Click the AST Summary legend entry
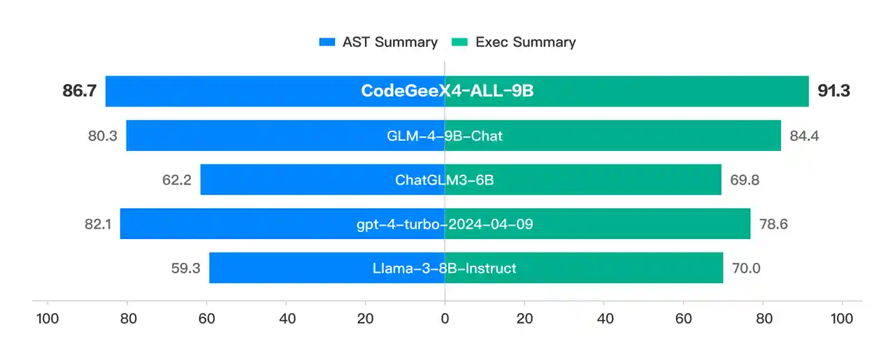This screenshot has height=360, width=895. (x=378, y=42)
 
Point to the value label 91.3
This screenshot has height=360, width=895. (x=833, y=91)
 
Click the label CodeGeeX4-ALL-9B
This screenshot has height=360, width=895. (x=447, y=91)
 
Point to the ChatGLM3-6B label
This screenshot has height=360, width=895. (x=445, y=180)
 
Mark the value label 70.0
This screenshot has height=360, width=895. (x=746, y=268)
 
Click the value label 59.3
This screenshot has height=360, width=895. (x=185, y=268)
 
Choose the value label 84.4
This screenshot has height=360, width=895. (x=804, y=136)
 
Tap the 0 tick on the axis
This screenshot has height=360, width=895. (x=445, y=318)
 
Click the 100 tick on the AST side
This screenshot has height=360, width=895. (x=48, y=318)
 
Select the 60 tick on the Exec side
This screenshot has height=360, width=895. (x=683, y=318)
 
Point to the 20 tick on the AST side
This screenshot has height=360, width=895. (x=365, y=318)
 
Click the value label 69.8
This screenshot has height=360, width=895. (x=745, y=180)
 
